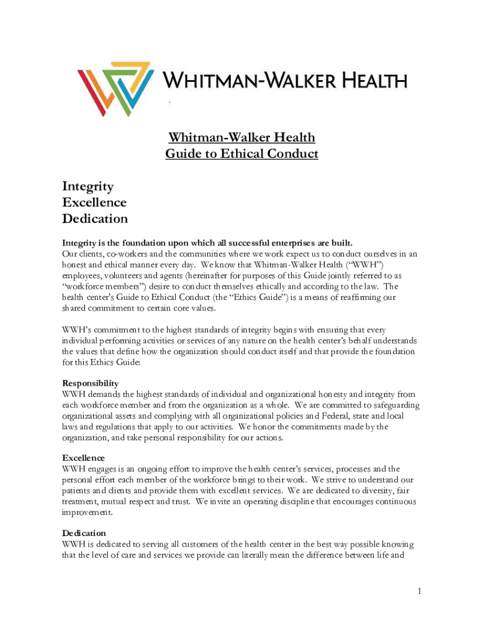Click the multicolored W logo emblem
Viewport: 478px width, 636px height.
tap(116, 88)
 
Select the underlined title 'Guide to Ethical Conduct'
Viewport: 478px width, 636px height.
tap(241, 153)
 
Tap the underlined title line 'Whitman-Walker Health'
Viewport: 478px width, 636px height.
tap(241, 137)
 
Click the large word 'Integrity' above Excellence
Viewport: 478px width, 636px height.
tap(88, 186)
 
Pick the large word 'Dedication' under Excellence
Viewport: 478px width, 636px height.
tap(95, 218)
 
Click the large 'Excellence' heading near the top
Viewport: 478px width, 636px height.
tap(94, 202)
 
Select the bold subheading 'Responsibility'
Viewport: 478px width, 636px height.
tap(90, 383)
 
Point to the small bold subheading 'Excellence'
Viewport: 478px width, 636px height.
tap(83, 458)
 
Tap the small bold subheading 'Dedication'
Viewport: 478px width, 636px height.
tap(84, 533)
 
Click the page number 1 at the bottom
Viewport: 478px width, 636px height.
tap(420, 591)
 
